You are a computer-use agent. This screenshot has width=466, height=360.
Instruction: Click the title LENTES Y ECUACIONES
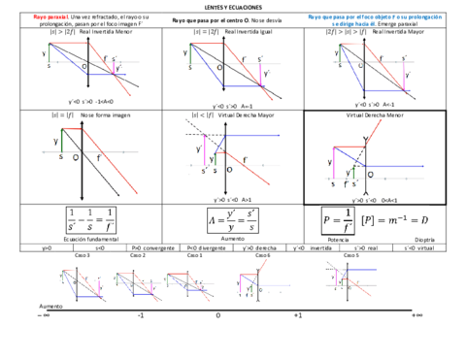pos(233,8)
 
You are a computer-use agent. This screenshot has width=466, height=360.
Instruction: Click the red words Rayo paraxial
pos(50,17)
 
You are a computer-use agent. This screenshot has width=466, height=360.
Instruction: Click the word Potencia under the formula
pos(339,238)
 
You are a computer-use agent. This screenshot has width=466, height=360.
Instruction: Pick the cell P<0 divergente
pos(213,247)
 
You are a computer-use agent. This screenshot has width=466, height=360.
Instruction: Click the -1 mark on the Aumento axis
pos(141,315)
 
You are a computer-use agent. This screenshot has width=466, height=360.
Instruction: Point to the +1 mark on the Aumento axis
pos(297,315)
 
